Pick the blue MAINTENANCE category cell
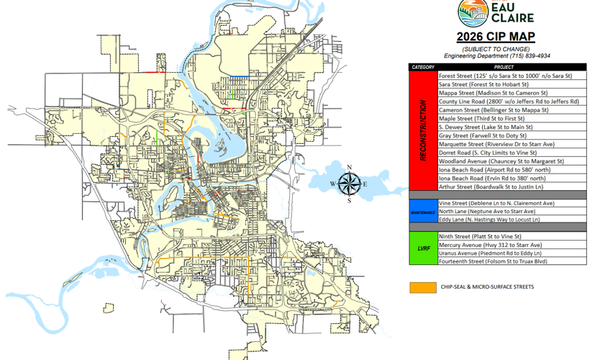(423, 212)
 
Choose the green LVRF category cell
(423, 248)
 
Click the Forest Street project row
(505, 76)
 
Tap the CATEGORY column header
(423, 67)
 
